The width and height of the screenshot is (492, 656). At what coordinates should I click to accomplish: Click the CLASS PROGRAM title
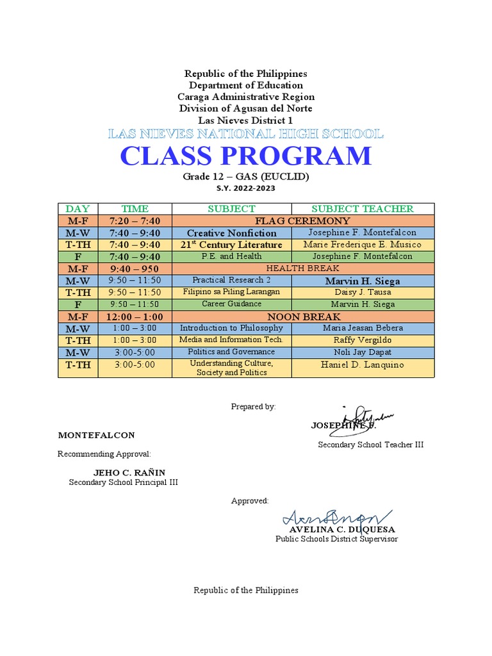tap(246, 156)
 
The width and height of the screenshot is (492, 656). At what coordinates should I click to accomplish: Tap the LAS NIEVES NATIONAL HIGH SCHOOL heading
tap(246, 134)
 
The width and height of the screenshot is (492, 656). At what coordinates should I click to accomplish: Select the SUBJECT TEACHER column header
tap(363, 209)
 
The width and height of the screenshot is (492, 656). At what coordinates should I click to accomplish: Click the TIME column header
tap(135, 209)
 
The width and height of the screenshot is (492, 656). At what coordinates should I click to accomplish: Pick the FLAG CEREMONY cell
tap(303, 221)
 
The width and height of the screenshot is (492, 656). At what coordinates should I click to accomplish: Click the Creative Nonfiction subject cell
tap(232, 233)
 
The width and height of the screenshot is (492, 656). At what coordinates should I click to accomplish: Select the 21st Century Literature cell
tap(232, 245)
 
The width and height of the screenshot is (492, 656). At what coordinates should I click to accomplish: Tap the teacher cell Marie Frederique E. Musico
tap(363, 245)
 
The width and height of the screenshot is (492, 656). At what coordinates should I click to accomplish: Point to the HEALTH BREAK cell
tap(303, 268)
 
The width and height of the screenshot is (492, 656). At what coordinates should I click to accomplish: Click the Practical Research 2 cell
tap(232, 281)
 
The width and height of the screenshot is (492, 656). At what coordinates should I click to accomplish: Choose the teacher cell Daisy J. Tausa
tap(363, 292)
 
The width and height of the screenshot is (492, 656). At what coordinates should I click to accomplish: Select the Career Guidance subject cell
tap(232, 304)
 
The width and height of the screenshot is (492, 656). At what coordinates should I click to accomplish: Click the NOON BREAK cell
tap(303, 316)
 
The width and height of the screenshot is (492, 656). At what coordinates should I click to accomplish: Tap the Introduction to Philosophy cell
tap(232, 328)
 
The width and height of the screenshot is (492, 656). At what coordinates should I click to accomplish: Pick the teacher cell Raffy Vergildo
tap(363, 340)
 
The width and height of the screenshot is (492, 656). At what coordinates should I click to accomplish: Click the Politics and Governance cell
tap(232, 352)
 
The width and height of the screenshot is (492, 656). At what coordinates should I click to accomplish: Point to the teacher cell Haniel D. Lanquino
tap(363, 365)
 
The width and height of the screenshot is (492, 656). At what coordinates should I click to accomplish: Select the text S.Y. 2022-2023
tap(246, 188)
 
